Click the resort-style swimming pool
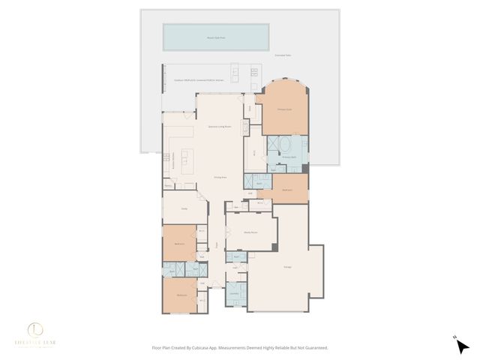pyautogui.click(x=217, y=36)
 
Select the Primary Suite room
pyautogui.click(x=284, y=108)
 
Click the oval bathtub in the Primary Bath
pyautogui.click(x=286, y=145)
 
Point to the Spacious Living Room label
pyautogui.click(x=219, y=127)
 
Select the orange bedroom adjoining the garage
pyautogui.click(x=288, y=190)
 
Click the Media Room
pyautogui.click(x=251, y=232)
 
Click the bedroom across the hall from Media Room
pyautogui.click(x=180, y=244)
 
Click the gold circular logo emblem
pyautogui.click(x=35, y=329)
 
